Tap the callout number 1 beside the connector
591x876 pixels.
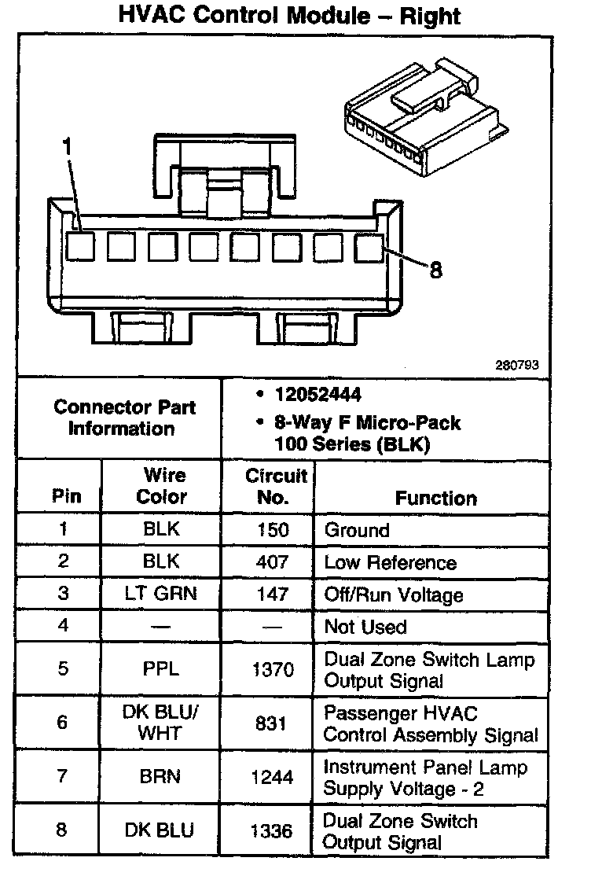coord(68,146)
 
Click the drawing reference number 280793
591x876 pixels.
coord(516,365)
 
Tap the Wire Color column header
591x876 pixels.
coord(162,486)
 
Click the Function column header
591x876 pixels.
coord(435,498)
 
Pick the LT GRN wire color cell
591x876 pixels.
coord(162,594)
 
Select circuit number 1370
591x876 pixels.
coord(272,669)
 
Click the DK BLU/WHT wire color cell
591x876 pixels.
coord(162,722)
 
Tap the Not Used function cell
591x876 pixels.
coord(365,627)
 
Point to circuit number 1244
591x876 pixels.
coord(272,777)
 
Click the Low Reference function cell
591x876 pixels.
coord(390,562)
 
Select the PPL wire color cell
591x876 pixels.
coord(162,669)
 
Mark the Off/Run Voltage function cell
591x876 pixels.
coord(394,594)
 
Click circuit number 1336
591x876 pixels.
coord(272,831)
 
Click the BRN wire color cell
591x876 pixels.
coord(162,777)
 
